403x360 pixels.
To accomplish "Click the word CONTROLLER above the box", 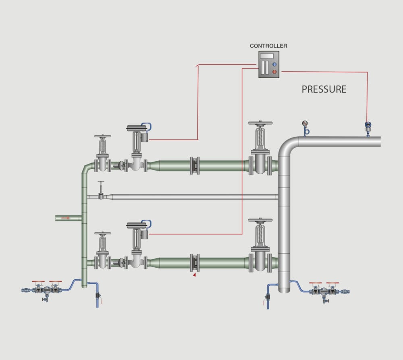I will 268,46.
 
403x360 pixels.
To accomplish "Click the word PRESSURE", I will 324,89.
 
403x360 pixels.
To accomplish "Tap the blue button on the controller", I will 274,64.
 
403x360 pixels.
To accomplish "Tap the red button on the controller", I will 274,72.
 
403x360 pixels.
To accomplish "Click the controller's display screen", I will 267,56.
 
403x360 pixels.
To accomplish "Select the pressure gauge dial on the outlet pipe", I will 304,124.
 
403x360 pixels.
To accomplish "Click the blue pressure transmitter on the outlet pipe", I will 368,126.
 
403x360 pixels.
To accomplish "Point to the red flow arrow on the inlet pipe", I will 66,218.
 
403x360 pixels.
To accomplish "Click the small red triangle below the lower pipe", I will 194,275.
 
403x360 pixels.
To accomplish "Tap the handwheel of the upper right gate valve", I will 260,123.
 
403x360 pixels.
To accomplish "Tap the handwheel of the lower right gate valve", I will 260,221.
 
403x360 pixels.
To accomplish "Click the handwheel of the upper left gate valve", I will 103,137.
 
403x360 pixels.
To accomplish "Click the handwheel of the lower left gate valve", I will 103,233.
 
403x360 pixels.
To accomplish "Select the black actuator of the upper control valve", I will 137,129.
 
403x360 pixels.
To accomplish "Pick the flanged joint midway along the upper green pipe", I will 195,166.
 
